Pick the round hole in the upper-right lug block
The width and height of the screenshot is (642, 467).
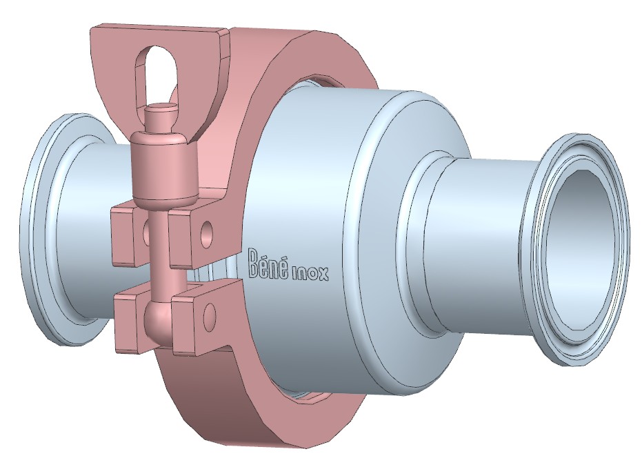coord(207,230)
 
